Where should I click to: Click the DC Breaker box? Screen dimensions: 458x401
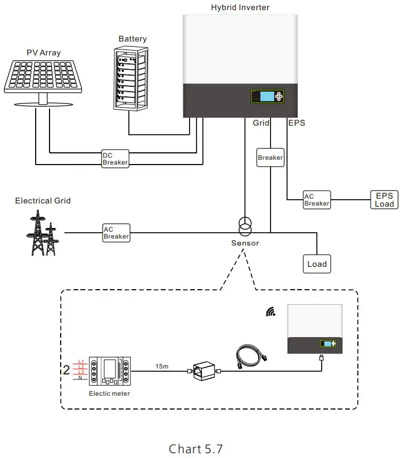tap(115, 159)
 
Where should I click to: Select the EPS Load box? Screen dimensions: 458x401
tap(384, 200)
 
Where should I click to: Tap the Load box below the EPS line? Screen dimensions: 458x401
tap(317, 264)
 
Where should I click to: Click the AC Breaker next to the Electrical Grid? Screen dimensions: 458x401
tap(116, 233)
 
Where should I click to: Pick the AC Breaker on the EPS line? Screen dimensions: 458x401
tap(316, 200)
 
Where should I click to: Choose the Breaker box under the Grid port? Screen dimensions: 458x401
tap(270, 158)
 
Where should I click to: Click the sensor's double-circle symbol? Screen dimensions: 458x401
tap(244, 227)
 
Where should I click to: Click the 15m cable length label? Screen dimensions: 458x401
tap(162, 366)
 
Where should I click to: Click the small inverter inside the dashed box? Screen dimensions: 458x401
tap(314, 329)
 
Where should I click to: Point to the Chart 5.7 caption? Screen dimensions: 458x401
tap(195, 448)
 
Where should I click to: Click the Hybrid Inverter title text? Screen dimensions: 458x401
tap(240, 7)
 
